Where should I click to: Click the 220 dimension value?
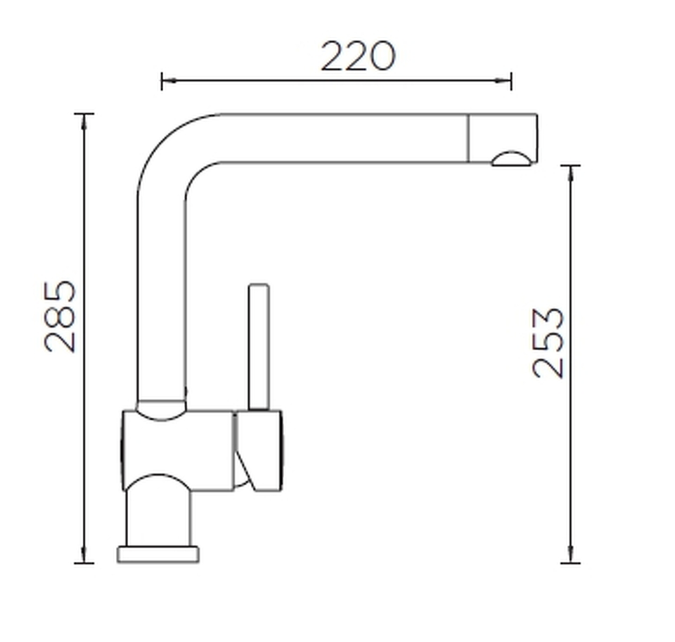[x=358, y=56]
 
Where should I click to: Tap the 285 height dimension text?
[x=60, y=316]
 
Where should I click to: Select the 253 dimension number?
[x=548, y=343]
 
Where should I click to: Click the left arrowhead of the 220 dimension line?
[x=169, y=81]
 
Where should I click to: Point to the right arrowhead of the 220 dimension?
[x=503, y=81]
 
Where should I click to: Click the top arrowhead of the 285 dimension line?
[x=84, y=122]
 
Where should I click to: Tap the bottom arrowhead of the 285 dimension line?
[x=84, y=555]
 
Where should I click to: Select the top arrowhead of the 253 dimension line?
[x=571, y=173]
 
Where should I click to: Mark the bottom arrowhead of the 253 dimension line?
[x=571, y=555]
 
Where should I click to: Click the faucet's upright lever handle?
[x=259, y=347]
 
